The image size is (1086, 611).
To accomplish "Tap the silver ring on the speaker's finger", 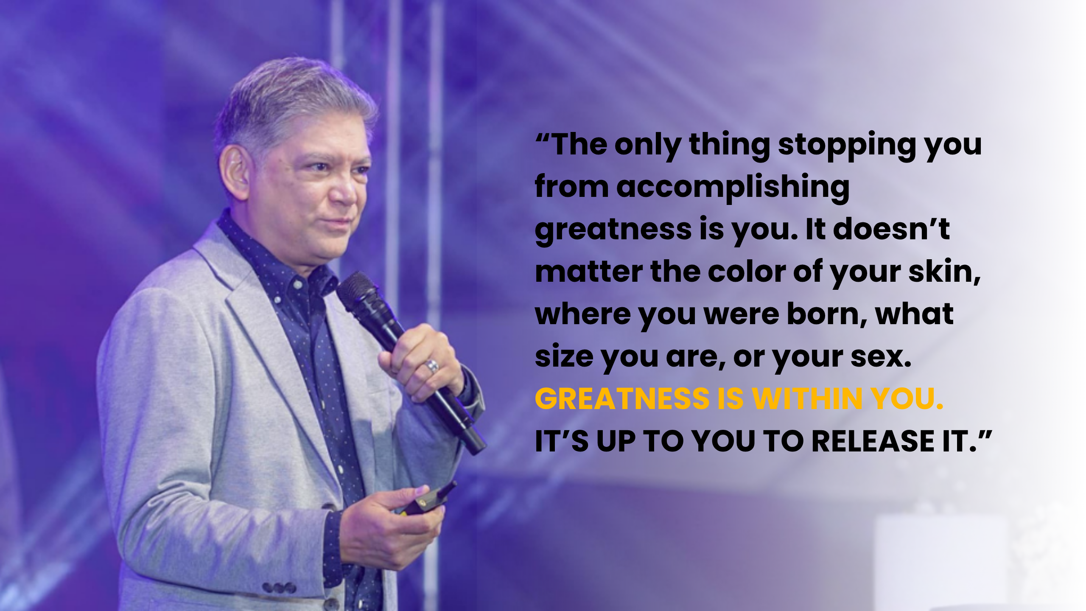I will click(x=432, y=366).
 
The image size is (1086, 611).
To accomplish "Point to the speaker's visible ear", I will click(x=235, y=172).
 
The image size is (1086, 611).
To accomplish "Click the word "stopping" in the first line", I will click(x=847, y=145).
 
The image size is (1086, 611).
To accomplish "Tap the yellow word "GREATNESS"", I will click(x=622, y=399).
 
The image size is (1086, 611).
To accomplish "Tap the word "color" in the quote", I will click(x=747, y=272).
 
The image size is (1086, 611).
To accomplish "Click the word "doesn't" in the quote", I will click(x=891, y=230).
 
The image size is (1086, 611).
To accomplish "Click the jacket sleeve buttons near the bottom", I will click(x=279, y=588).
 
